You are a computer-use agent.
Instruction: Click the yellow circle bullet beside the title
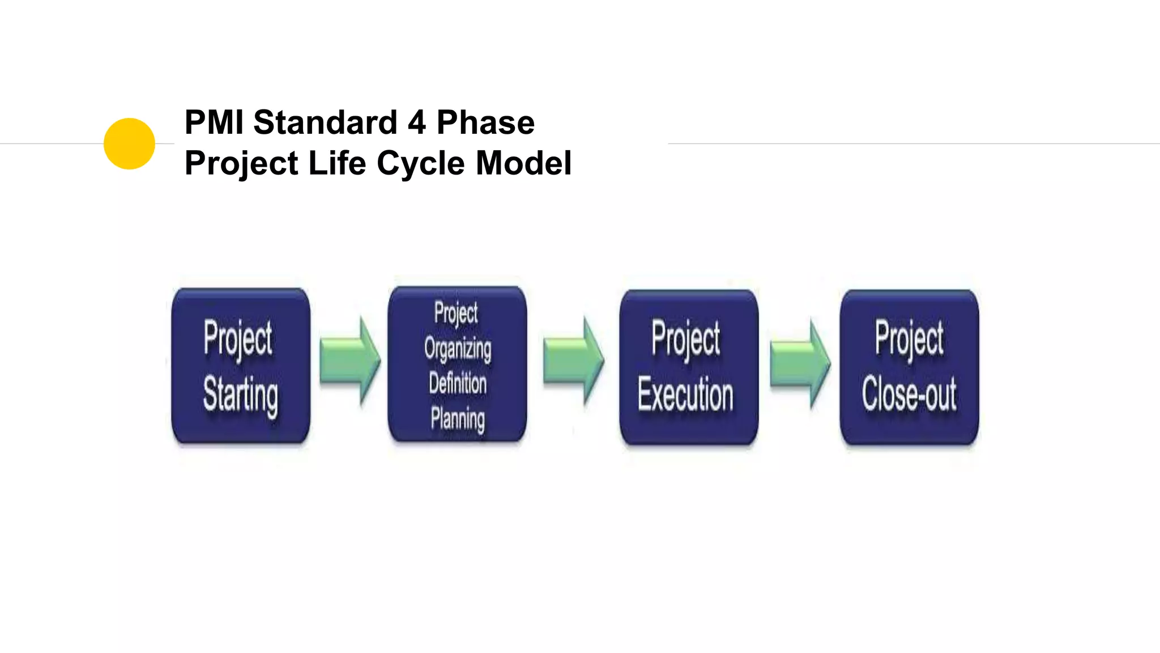tap(129, 143)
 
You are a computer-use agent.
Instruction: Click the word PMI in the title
tap(214, 122)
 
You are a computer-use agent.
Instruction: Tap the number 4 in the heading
tap(416, 122)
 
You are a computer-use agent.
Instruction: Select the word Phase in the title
tap(485, 122)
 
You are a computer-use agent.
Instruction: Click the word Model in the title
tap(523, 163)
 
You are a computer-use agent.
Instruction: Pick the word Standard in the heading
tap(325, 122)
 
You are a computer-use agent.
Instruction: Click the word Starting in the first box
tap(241, 395)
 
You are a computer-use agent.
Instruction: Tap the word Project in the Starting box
tap(238, 338)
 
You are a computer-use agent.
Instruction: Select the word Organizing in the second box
tap(458, 348)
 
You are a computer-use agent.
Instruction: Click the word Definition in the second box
tap(458, 383)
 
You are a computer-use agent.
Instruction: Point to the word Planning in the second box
tap(458, 419)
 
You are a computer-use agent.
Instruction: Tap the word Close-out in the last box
tap(909, 394)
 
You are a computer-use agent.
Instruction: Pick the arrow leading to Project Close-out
tap(799, 363)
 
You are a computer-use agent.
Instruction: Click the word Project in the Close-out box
tap(909, 338)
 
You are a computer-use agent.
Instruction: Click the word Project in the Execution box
tap(686, 338)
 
